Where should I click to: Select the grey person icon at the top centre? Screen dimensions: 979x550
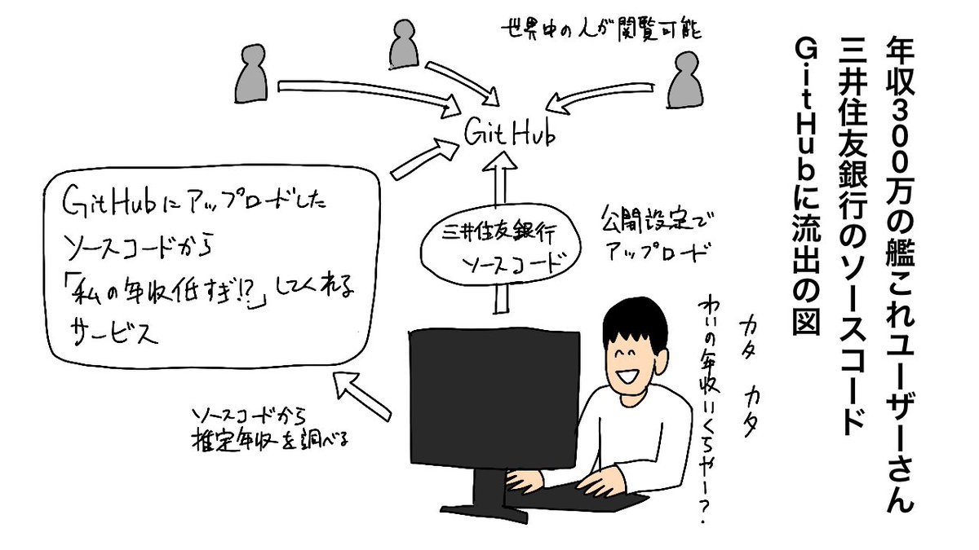pyautogui.click(x=401, y=46)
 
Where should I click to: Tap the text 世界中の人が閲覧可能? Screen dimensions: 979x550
pyautogui.click(x=600, y=33)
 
